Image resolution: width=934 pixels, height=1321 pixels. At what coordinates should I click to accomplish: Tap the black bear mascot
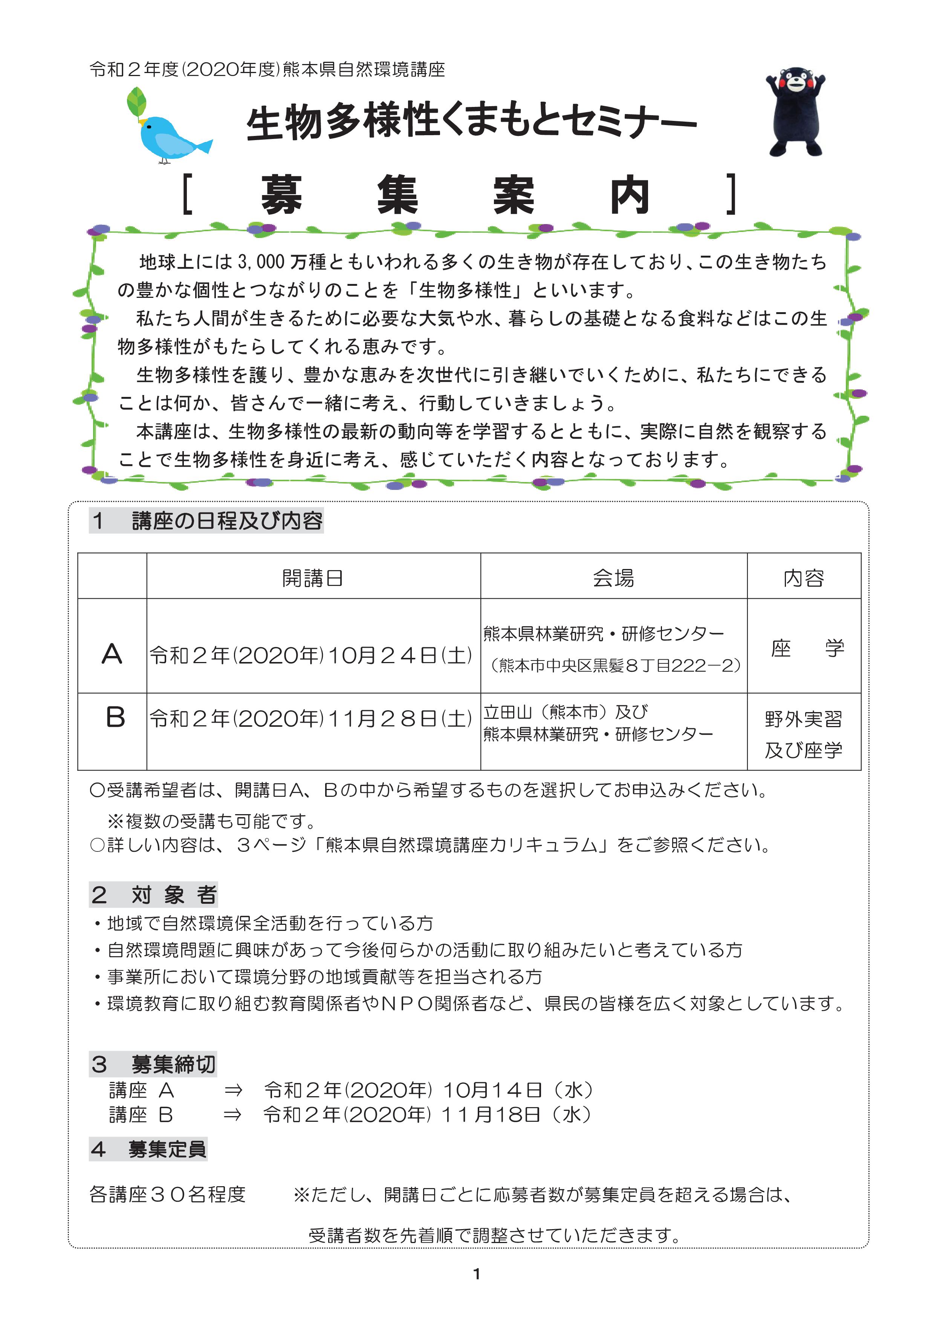coord(795,112)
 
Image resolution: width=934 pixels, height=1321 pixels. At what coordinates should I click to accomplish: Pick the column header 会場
coord(613,578)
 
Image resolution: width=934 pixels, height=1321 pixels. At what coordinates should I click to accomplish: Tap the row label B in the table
coord(115,717)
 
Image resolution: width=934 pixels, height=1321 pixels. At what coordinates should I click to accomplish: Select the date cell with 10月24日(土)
coord(311,655)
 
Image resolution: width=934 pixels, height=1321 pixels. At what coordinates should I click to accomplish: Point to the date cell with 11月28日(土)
coord(311,718)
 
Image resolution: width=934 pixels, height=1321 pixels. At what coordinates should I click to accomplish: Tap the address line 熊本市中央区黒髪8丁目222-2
coord(615,666)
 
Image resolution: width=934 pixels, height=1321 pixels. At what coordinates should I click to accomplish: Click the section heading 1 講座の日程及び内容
coord(206,521)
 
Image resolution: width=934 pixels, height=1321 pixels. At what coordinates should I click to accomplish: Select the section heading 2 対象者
coord(154,895)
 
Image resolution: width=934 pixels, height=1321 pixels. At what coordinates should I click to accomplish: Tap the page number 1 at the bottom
coord(477,1274)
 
